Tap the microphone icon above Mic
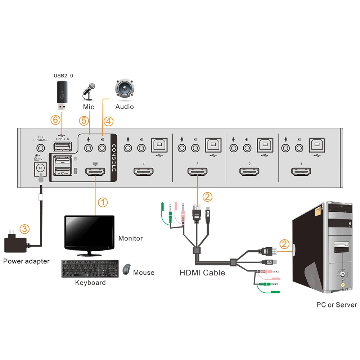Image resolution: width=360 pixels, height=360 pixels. point(89,92)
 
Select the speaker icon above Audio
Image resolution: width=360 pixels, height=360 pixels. point(125,90)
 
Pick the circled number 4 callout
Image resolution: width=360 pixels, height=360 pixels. point(108,121)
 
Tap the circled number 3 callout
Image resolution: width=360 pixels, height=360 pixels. point(24,229)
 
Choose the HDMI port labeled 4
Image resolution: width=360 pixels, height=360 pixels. point(144,172)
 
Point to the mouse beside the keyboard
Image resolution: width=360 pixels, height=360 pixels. point(126,269)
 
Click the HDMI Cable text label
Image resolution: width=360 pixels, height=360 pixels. point(202,273)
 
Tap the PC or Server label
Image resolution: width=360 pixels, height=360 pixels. point(337,305)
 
